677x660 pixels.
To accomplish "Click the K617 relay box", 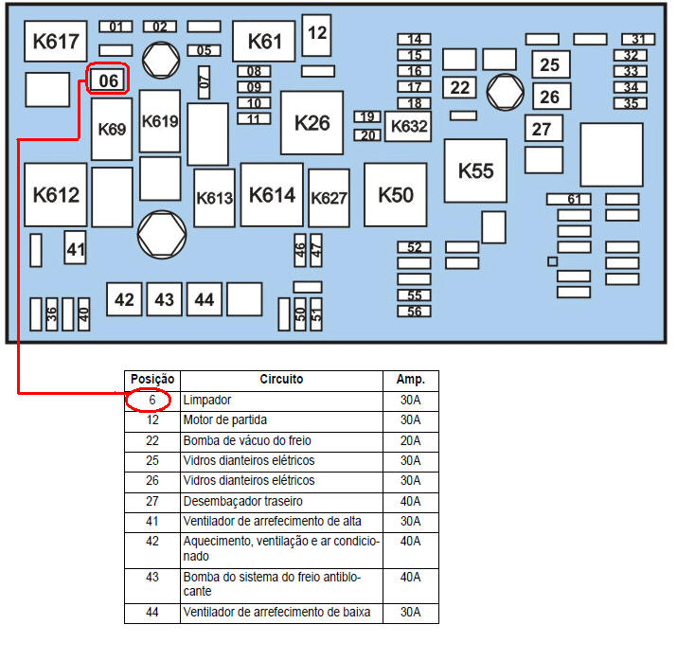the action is click(x=56, y=41).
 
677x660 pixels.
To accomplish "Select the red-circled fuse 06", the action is click(x=108, y=80).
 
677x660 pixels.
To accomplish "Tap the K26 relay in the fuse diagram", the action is click(x=312, y=123).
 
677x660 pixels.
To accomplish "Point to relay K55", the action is click(x=475, y=170).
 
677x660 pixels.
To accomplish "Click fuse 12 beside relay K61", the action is click(x=316, y=35).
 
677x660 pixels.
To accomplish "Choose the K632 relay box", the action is click(x=408, y=127).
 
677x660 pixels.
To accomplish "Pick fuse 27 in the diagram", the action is click(x=544, y=128).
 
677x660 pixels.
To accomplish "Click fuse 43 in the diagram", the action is click(x=164, y=299).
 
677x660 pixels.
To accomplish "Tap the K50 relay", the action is click(x=396, y=195).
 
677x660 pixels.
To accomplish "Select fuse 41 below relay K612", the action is click(x=75, y=247).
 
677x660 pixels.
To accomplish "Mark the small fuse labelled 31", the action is click(x=638, y=39).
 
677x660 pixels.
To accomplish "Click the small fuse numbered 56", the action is click(x=414, y=312).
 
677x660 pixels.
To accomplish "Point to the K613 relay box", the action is click(x=214, y=198).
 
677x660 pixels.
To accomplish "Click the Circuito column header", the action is click(x=281, y=380).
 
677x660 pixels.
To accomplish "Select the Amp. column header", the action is click(x=411, y=380).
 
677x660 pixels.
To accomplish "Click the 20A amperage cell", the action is click(x=411, y=440).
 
